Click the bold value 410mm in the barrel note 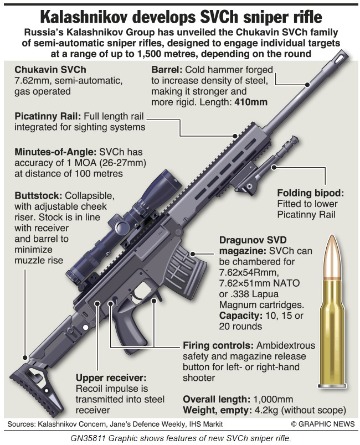[x=251, y=102]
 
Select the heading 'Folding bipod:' [x=310, y=193]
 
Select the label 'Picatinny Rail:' [x=48, y=117]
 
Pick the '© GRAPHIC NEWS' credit [x=323, y=424]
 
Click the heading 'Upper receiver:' [x=110, y=378]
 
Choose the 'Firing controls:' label [x=218, y=346]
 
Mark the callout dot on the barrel [x=307, y=84]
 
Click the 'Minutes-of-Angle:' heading [x=55, y=152]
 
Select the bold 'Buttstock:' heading [x=38, y=196]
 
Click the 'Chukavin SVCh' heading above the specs [x=50, y=70]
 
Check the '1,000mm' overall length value [x=273, y=400]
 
